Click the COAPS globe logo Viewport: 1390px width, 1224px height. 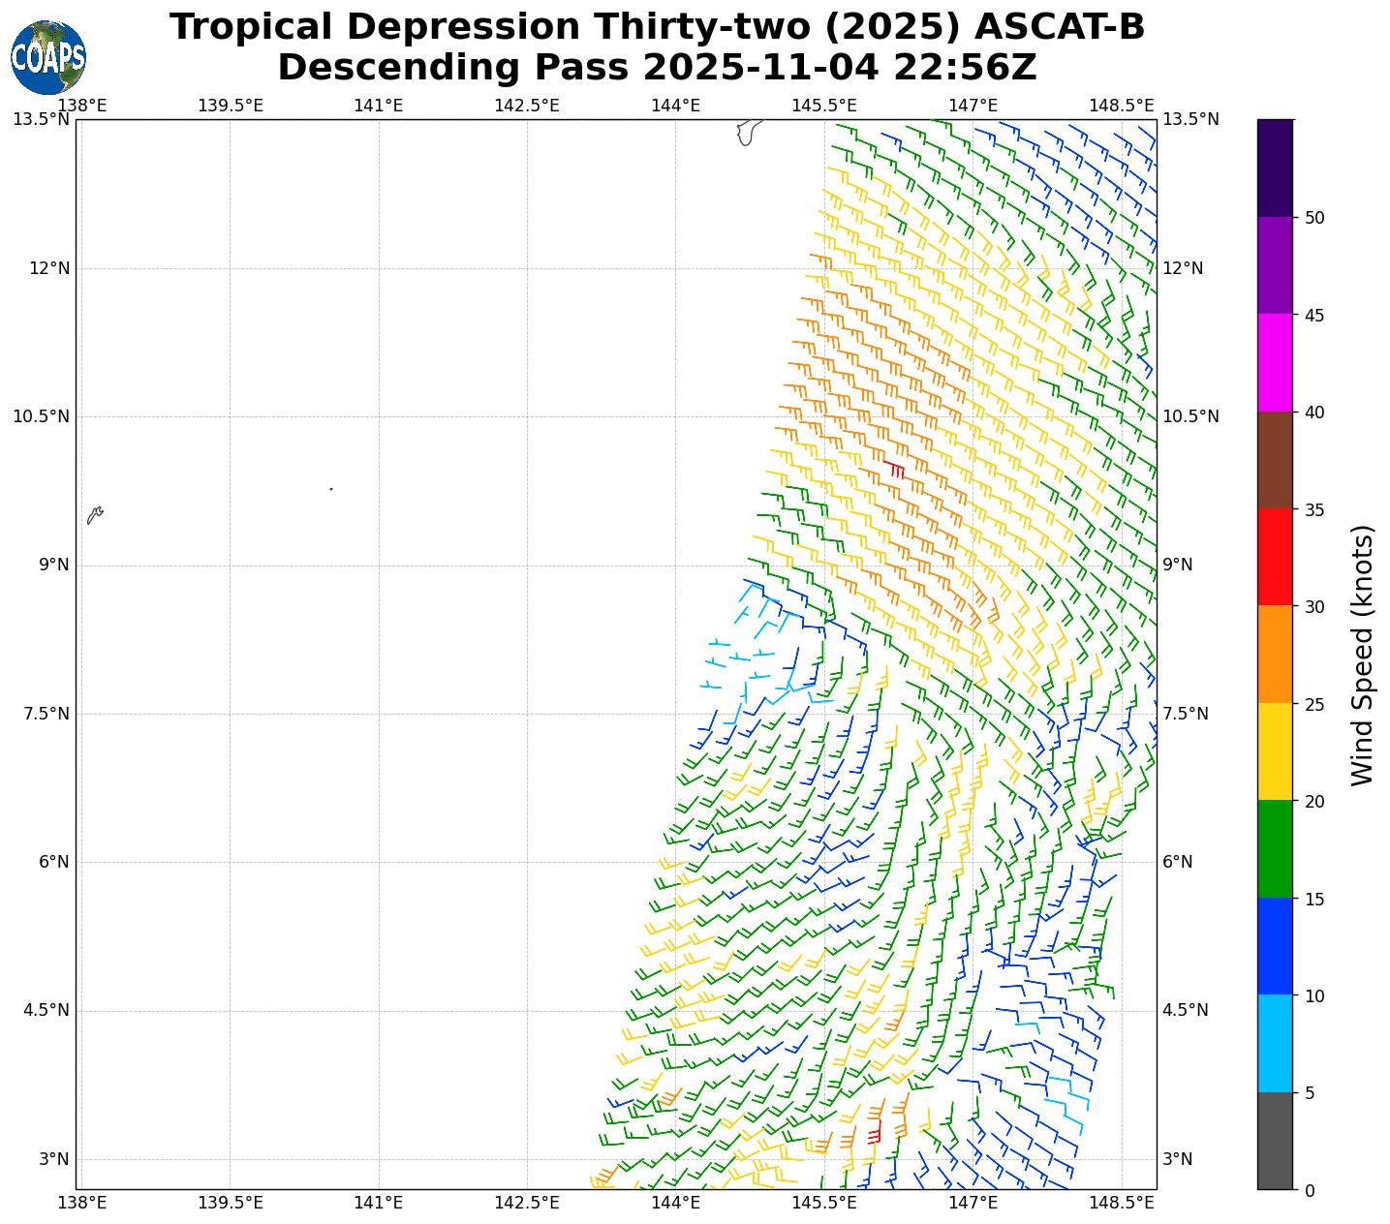coord(48,57)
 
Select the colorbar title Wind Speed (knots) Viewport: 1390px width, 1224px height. coord(1362,656)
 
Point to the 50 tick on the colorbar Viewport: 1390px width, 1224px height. coord(1314,218)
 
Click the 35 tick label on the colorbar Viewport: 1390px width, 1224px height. coord(1314,510)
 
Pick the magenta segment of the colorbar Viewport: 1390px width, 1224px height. coord(1275,363)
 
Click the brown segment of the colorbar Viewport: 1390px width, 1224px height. coord(1275,461)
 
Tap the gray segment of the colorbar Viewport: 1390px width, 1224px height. coord(1275,1141)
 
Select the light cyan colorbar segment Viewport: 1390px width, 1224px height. coord(1275,1044)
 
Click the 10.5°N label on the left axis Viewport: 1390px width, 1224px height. coord(41,417)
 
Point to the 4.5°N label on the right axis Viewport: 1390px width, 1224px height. coord(1186,1011)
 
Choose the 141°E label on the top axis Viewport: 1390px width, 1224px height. coord(379,105)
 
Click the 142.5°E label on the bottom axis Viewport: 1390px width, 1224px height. coord(527,1203)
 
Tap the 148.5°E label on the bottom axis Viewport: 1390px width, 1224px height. coord(1122,1203)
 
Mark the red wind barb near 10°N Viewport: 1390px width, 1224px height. coord(894,469)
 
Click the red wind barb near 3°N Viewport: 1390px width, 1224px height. coord(875,1132)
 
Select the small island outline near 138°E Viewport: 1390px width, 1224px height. coord(94,515)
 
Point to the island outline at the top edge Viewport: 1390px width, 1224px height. coord(747,132)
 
